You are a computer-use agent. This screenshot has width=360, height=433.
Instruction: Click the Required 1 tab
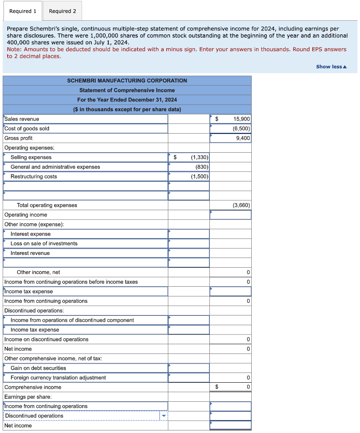click(x=23, y=11)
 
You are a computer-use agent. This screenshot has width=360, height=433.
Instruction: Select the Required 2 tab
click(x=63, y=11)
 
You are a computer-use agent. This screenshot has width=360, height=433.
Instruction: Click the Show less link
click(x=331, y=67)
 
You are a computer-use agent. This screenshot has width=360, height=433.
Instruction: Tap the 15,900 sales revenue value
click(x=242, y=119)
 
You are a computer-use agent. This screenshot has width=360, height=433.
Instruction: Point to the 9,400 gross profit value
click(x=243, y=138)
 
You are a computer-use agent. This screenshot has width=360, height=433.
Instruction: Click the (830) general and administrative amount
click(x=201, y=167)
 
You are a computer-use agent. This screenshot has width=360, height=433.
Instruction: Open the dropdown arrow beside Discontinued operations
click(x=164, y=416)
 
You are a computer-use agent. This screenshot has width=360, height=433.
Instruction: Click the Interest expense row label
click(x=30, y=234)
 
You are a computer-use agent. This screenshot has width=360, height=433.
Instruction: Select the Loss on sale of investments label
click(x=44, y=244)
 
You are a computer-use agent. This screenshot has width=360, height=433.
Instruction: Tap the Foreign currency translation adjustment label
click(x=58, y=378)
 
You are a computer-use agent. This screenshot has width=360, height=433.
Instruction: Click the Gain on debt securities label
click(x=38, y=368)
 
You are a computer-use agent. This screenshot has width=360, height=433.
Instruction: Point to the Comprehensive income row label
click(x=33, y=387)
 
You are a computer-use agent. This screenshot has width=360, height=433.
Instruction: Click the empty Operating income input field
click(x=231, y=215)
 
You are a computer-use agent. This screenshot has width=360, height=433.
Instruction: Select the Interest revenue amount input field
click(x=189, y=253)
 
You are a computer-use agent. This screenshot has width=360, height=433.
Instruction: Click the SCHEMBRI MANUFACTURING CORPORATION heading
click(x=127, y=80)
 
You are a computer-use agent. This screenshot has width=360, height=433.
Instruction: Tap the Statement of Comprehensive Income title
click(x=127, y=90)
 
